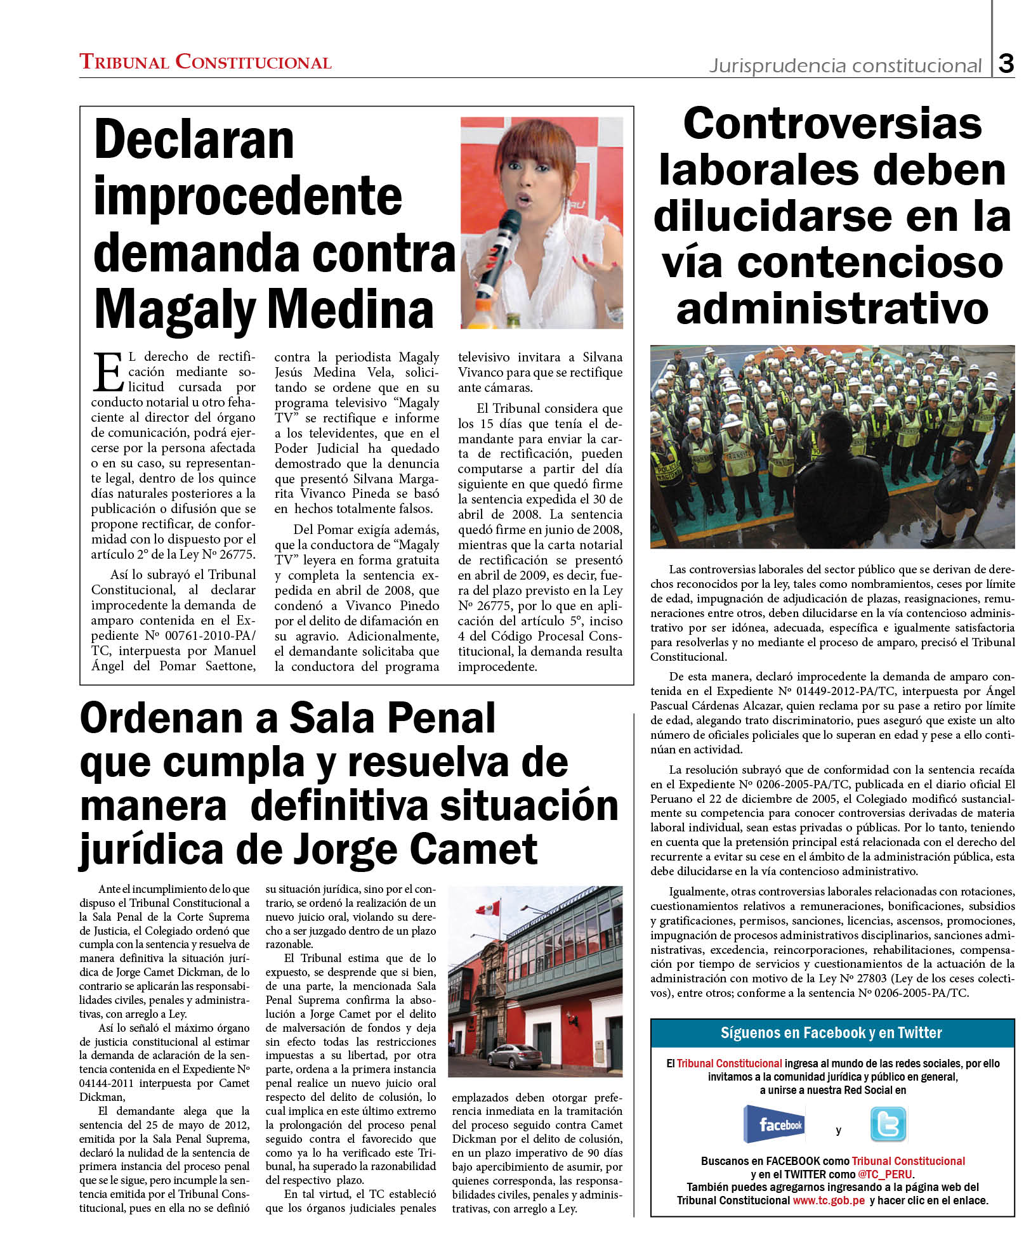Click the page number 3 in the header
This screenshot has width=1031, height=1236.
[x=1006, y=63]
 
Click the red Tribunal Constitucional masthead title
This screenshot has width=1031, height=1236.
[x=205, y=62]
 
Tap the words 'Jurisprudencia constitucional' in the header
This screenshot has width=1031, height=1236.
[x=845, y=65]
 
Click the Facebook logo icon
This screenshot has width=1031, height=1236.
[x=774, y=1124]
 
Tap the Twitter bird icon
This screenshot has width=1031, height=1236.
[x=888, y=1124]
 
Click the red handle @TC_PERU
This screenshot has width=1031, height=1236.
[x=886, y=1174]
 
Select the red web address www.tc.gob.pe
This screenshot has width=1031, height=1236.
[x=829, y=1200]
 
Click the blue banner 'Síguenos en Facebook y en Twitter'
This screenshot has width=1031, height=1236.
[x=832, y=1033]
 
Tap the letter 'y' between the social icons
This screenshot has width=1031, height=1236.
[x=838, y=1129]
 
